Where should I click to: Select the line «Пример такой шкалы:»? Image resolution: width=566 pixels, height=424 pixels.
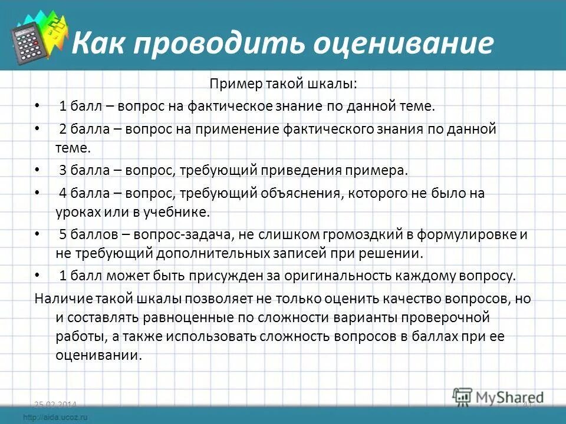click(x=283, y=84)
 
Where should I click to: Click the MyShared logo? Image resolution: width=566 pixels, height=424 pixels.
click(x=498, y=396)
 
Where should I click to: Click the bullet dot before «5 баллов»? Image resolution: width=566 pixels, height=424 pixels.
click(x=38, y=234)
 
